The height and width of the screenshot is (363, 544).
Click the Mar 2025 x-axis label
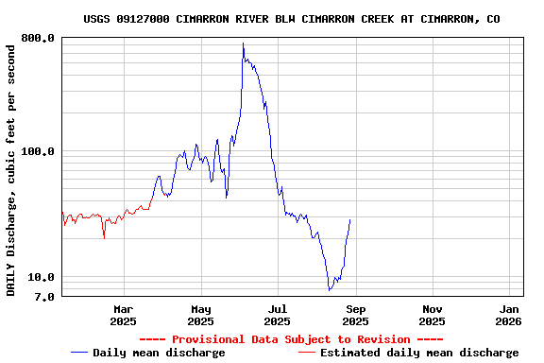[x=124, y=315]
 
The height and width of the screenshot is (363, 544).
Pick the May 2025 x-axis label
[x=201, y=315]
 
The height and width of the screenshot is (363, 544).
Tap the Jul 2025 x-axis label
[x=278, y=315]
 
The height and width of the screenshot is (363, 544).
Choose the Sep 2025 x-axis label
[x=355, y=315]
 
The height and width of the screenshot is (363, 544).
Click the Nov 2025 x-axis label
[x=433, y=315]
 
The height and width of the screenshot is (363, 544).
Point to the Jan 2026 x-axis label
[x=509, y=315]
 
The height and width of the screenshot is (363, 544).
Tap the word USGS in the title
[x=97, y=19]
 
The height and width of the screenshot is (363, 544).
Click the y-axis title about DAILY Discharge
[x=11, y=168]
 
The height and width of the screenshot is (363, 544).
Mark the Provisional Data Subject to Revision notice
[x=291, y=339]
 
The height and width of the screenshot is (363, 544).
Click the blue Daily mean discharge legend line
[x=81, y=353]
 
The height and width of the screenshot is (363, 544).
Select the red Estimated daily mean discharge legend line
[x=308, y=353]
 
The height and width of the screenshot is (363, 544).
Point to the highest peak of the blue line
[x=243, y=43]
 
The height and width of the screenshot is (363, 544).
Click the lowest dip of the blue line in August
[x=329, y=289]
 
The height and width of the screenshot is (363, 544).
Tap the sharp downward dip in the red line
[x=104, y=237]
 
